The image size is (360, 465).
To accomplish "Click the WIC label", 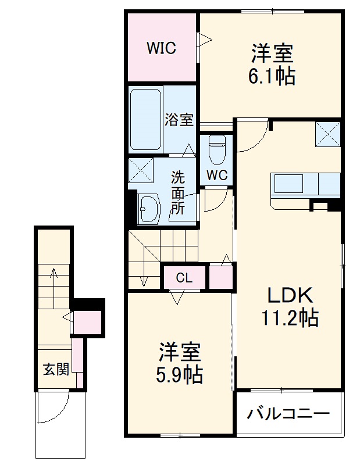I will [x=161, y=48].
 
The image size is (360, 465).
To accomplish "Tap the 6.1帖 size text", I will [x=272, y=76].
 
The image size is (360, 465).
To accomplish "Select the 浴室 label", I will [x=179, y=120].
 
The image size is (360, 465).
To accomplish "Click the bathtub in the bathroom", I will [x=145, y=119].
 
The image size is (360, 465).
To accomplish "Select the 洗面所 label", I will [x=178, y=192].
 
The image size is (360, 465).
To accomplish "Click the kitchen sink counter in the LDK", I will [x=304, y=185].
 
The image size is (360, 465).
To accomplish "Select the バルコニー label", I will [x=288, y=415].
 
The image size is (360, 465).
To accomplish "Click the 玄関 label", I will [x=56, y=369].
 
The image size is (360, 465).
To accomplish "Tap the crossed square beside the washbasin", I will [x=141, y=170].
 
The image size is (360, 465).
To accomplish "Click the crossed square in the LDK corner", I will [x=327, y=135].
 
